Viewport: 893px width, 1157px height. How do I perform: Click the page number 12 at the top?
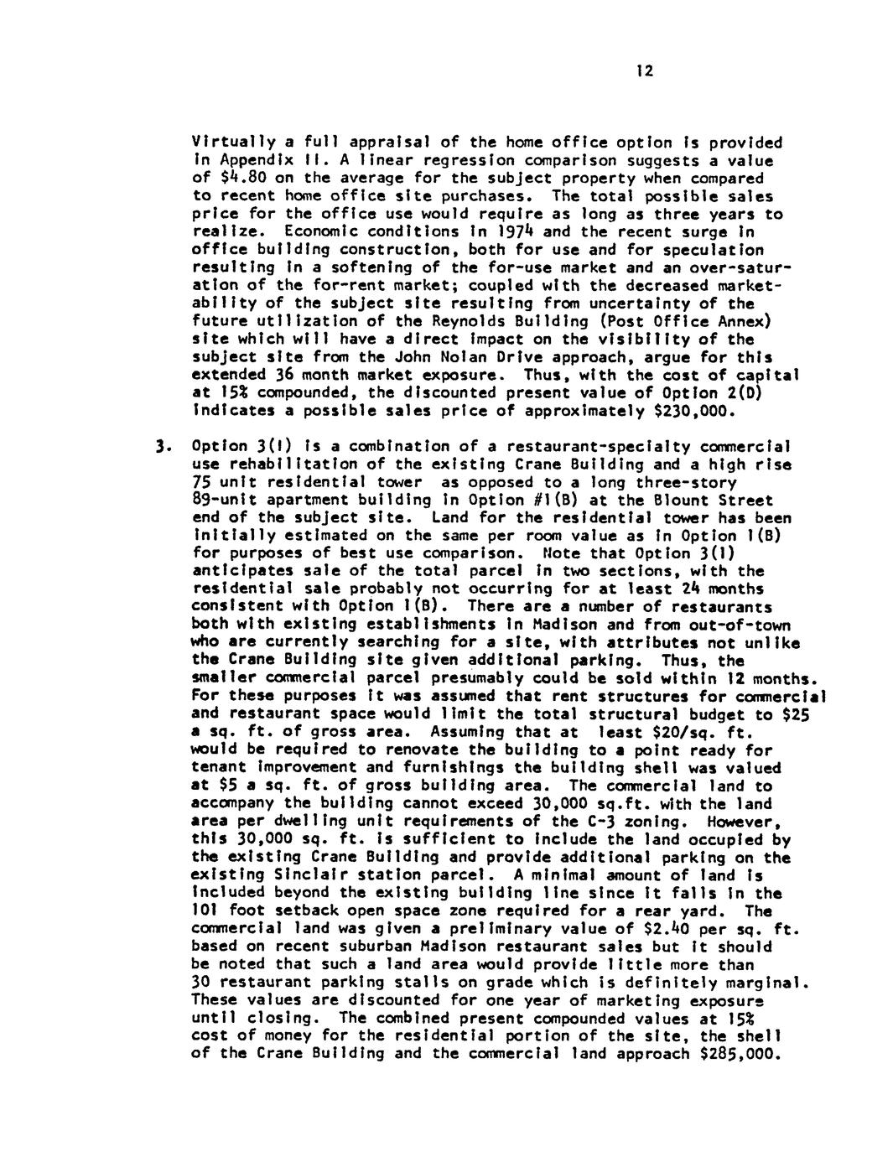coord(643,72)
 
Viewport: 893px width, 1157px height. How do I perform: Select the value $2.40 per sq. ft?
coord(650,929)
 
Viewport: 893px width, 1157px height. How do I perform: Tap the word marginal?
coord(771,982)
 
